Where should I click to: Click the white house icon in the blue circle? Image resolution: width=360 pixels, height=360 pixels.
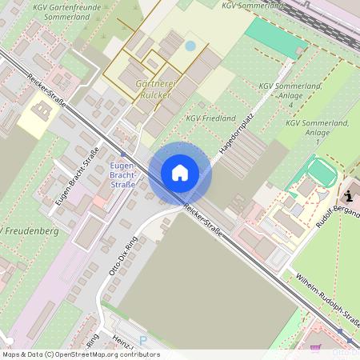180,173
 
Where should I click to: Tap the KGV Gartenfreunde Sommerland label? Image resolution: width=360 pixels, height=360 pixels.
68,11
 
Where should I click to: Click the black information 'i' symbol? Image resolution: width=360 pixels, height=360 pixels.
349,194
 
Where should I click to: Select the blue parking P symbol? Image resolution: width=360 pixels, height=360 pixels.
144,341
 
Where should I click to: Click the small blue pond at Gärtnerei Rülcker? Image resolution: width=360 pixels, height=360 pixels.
190,46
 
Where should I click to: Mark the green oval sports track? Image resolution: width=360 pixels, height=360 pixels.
321,171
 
